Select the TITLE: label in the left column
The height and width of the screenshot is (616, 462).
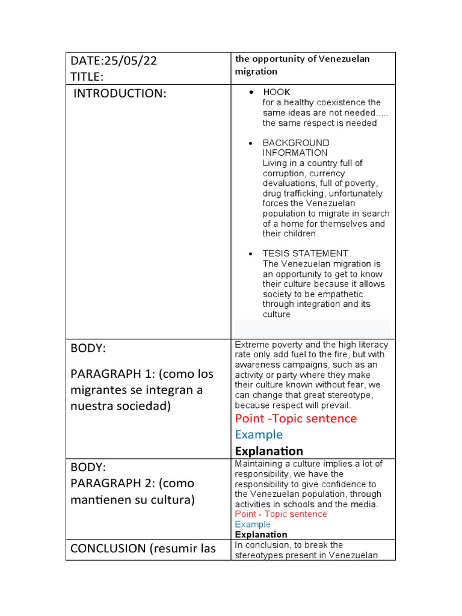(x=87, y=76)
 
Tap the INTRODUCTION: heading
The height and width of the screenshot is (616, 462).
(x=119, y=93)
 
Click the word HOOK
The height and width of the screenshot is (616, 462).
(x=276, y=92)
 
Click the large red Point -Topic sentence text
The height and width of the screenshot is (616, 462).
(x=295, y=418)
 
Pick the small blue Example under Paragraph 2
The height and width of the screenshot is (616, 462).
(x=253, y=524)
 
